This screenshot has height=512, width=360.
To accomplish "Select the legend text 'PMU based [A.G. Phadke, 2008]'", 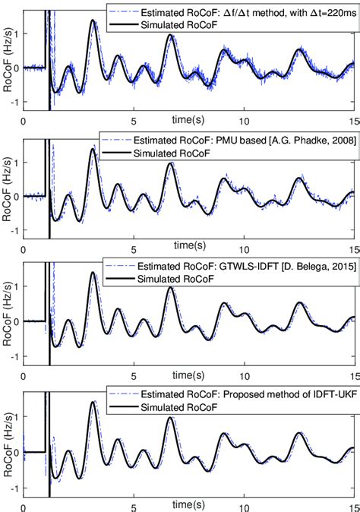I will (x=240, y=141).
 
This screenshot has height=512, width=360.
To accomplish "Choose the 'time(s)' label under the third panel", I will (x=188, y=374).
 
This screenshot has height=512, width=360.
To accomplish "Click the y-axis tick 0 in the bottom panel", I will (x=16, y=452).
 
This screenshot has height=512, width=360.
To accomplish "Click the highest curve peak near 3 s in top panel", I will (x=93, y=21).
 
